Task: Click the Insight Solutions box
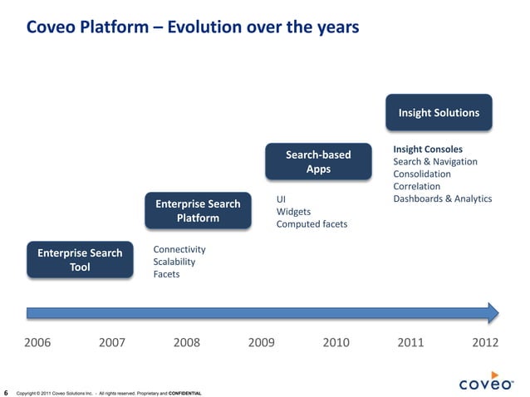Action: point(439,113)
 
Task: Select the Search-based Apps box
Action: point(318,162)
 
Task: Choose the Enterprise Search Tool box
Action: point(80,260)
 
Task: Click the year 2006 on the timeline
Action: point(37,341)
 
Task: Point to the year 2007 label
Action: point(113,341)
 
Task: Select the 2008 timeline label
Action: point(188,341)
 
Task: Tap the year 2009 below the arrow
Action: point(263,341)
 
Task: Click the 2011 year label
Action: point(411,341)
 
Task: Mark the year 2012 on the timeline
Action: point(485,341)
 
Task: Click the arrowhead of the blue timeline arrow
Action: point(493,312)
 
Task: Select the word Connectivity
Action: point(179,249)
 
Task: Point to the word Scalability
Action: point(175,262)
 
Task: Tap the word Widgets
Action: point(293,212)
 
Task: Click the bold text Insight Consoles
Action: point(428,149)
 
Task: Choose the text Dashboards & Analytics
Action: point(442,198)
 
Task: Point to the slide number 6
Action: point(7,392)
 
